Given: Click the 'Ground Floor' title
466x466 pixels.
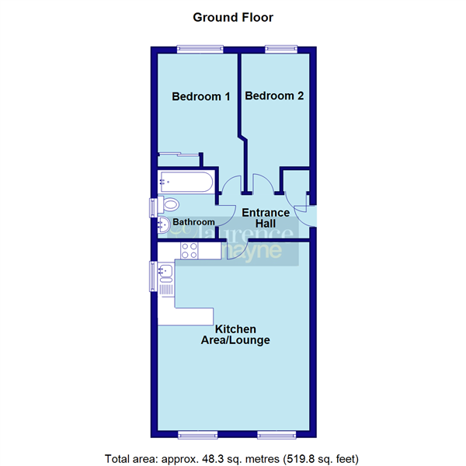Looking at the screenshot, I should (233, 16).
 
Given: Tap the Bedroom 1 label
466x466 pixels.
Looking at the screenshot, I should (201, 97).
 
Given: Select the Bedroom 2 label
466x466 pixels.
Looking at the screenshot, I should (274, 96).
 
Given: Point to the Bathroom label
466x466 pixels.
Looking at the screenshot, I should (193, 222).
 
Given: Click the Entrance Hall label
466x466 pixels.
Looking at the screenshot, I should (266, 218).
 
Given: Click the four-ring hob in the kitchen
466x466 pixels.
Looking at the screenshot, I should (189, 250).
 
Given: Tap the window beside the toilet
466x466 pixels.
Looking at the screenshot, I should (153, 209).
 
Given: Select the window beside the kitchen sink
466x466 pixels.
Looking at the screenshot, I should (153, 276).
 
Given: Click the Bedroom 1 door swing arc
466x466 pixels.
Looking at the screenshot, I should (228, 187).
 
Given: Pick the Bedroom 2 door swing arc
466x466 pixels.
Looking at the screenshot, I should (263, 186).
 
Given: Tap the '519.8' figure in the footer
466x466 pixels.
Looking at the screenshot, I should (302, 458).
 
